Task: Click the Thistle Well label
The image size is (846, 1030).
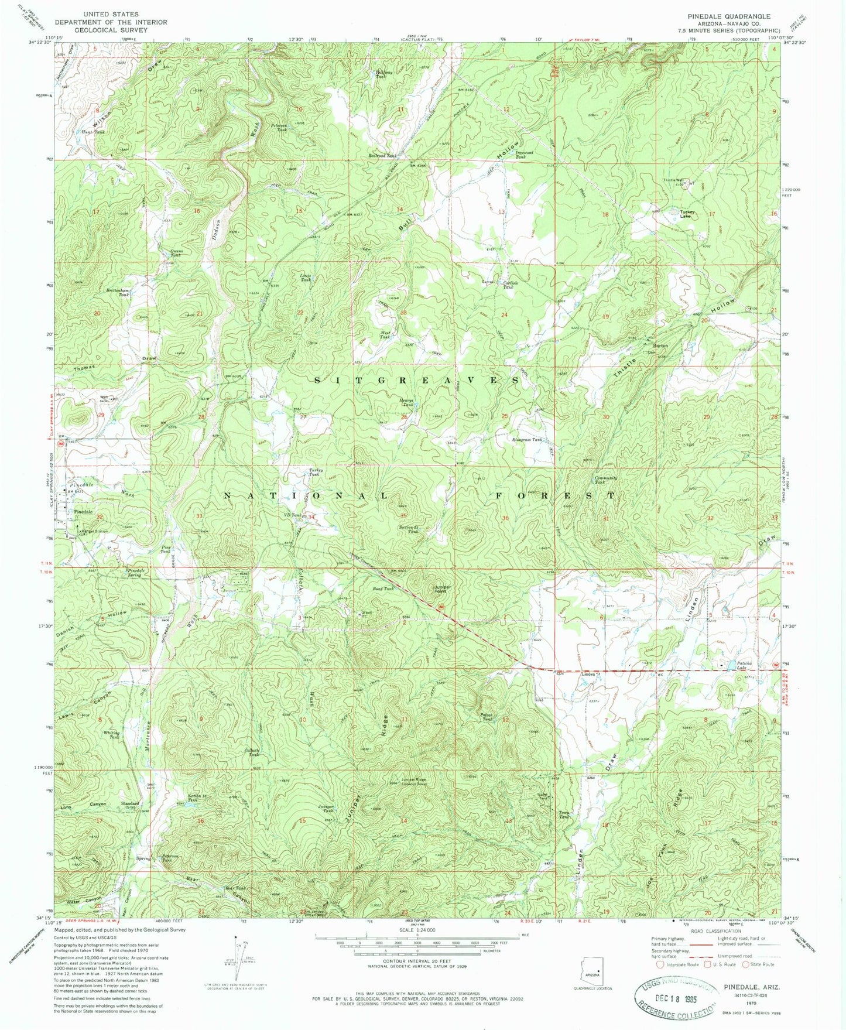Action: click(x=673, y=180)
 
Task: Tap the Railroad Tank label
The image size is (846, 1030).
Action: click(x=382, y=156)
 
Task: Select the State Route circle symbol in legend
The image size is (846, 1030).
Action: click(x=746, y=964)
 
